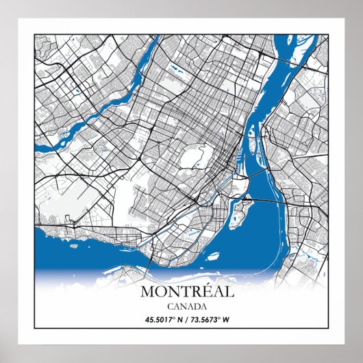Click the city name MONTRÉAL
[x=186, y=291]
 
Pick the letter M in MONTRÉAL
[x=147, y=291]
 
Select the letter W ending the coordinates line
[x=226, y=318]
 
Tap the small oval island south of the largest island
[x=213, y=257]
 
